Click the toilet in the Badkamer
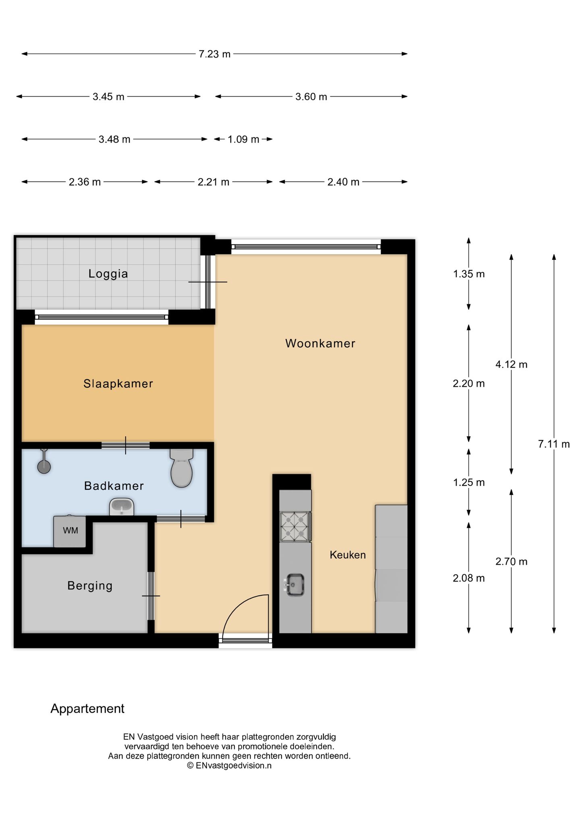tap(181, 469)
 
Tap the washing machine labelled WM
tap(70, 531)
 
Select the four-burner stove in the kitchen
tap(295, 526)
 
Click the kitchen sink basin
tap(295, 585)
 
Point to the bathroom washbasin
tap(122, 507)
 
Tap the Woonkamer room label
tap(320, 344)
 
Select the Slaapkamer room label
tap(118, 383)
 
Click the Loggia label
tap(108, 274)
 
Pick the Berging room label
tap(90, 586)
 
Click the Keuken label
tap(348, 555)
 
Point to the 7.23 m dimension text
tap(214, 54)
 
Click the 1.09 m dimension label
tap(243, 139)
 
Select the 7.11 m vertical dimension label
tap(554, 444)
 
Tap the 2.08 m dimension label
tap(468, 578)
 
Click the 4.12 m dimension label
tap(511, 364)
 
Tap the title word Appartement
tap(87, 708)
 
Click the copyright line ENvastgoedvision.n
tap(229, 766)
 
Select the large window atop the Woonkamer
tap(306, 246)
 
